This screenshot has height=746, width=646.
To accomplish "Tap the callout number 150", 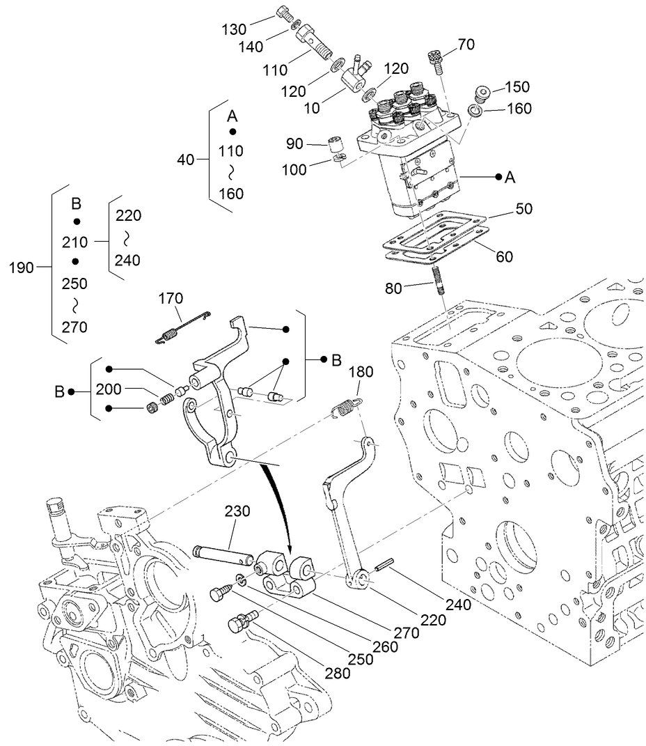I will pos(517,87).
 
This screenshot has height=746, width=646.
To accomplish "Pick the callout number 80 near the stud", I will pos(395,288).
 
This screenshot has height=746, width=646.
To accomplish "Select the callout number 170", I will pos(170,299).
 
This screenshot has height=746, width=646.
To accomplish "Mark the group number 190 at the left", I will pos(22,267).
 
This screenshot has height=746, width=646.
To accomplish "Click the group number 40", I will pos(185,160).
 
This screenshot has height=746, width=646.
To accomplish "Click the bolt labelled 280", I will pos(241,621).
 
